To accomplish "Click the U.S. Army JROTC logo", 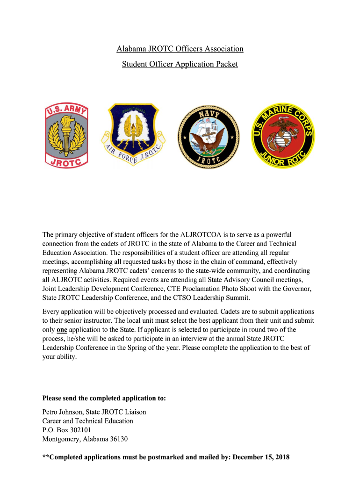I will (x=66, y=136).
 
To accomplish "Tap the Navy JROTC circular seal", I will (x=208, y=136).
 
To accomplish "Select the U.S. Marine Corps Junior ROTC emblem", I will (x=283, y=136).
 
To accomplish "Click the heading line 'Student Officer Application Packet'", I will (x=180, y=64).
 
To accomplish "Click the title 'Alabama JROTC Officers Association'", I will (x=180, y=49).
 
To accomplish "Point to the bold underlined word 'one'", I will (x=62, y=329).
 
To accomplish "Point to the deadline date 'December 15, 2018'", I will (x=261, y=457).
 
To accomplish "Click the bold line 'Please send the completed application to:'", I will (x=104, y=399).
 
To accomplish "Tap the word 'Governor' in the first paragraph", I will (x=297, y=289).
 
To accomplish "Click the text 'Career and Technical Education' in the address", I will (x=87, y=421).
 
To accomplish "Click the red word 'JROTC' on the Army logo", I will (x=66, y=162).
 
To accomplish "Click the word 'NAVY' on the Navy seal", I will (x=208, y=113).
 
